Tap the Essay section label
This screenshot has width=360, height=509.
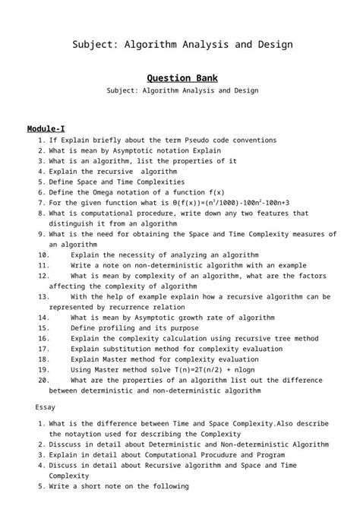point(46,407)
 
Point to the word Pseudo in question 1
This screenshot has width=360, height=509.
point(191,140)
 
